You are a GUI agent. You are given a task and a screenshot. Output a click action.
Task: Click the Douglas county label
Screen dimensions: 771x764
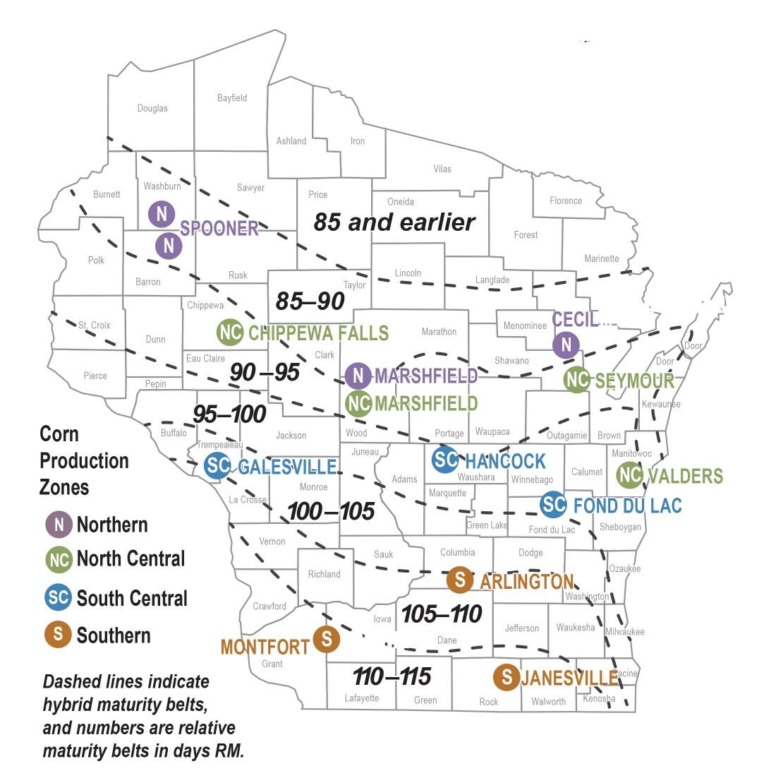pyautogui.click(x=152, y=108)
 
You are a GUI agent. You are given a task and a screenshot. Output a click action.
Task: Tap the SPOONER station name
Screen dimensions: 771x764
pyautogui.click(x=219, y=228)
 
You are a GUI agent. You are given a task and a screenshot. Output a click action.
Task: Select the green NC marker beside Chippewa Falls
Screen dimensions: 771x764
pyautogui.click(x=230, y=332)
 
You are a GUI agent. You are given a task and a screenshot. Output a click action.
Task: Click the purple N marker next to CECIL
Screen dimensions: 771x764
pyautogui.click(x=566, y=345)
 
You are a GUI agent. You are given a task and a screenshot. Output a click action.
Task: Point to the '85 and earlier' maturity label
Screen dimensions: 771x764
pyautogui.click(x=394, y=222)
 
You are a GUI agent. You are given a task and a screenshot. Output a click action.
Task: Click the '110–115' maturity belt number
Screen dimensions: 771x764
pyautogui.click(x=392, y=676)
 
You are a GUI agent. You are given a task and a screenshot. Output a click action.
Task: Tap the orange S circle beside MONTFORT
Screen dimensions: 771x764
pyautogui.click(x=327, y=639)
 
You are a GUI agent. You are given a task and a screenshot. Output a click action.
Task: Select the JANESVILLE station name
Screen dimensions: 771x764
pyautogui.click(x=569, y=678)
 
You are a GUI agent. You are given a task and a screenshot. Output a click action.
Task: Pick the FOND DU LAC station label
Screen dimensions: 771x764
pyautogui.click(x=627, y=506)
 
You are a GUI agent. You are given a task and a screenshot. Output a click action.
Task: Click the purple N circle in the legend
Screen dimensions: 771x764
pyautogui.click(x=59, y=525)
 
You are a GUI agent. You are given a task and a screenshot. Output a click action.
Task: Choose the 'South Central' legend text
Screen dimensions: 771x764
pyautogui.click(x=132, y=598)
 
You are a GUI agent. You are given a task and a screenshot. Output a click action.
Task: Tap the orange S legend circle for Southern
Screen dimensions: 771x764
pyautogui.click(x=58, y=634)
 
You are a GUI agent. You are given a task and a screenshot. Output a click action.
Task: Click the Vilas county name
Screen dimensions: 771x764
pyautogui.click(x=442, y=169)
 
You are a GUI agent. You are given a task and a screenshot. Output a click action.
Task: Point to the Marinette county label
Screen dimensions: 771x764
pyautogui.click(x=601, y=258)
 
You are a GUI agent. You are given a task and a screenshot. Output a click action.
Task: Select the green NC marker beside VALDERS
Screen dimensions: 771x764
pyautogui.click(x=630, y=475)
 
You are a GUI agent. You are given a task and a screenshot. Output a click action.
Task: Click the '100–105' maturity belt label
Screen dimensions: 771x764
pyautogui.click(x=331, y=511)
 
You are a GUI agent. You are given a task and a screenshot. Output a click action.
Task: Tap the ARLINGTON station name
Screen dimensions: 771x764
pyautogui.click(x=526, y=581)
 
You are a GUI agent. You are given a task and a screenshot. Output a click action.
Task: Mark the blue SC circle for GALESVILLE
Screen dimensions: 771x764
pyautogui.click(x=218, y=466)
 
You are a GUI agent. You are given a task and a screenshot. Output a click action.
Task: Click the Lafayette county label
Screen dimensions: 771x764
pyautogui.click(x=361, y=698)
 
